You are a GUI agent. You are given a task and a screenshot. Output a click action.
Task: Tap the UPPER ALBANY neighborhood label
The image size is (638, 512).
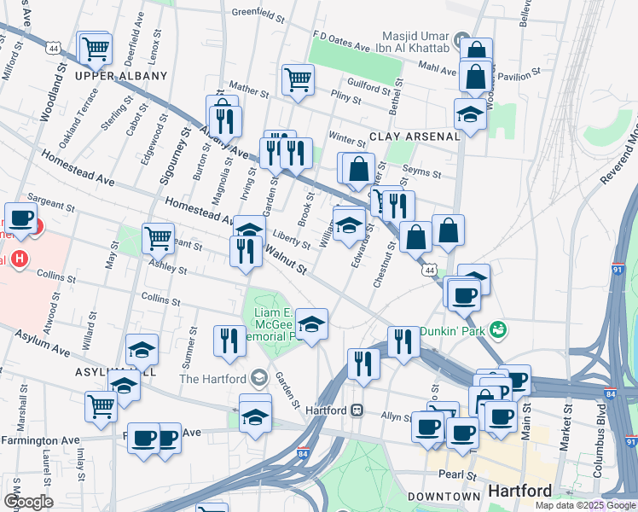(121, 76)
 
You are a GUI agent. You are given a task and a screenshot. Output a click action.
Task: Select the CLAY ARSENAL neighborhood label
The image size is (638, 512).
(403, 137)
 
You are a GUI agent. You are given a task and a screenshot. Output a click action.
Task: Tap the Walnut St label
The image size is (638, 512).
(285, 259)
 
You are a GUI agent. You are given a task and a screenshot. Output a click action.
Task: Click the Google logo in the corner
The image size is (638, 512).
(27, 502)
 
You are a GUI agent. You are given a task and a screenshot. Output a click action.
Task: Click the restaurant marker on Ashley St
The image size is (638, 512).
(245, 250)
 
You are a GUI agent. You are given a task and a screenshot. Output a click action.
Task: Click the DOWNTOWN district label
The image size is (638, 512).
(444, 496)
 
